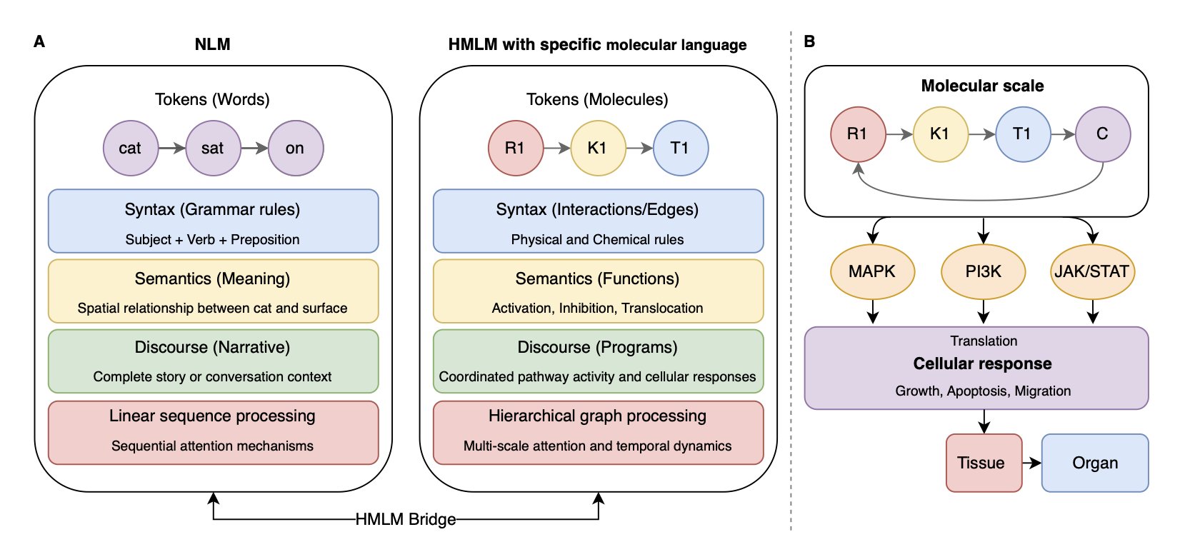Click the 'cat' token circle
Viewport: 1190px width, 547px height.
point(130,148)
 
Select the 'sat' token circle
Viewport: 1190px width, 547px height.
point(213,148)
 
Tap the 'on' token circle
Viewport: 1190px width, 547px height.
point(295,148)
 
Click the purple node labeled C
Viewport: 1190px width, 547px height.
point(1102,134)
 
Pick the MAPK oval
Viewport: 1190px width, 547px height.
point(872,271)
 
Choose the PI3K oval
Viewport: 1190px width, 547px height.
point(984,271)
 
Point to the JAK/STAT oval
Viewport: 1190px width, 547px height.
point(1092,271)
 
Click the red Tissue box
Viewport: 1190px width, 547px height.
point(984,463)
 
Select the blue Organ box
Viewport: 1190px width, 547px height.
point(1094,463)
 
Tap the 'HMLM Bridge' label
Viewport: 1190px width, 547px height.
point(405,519)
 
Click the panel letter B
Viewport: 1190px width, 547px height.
point(809,41)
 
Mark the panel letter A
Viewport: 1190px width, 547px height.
point(39,41)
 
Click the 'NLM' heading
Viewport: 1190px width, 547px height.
point(212,44)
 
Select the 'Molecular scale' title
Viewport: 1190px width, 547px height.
point(982,86)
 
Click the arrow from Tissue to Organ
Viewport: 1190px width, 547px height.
point(1031,463)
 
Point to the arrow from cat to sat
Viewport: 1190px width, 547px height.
point(171,148)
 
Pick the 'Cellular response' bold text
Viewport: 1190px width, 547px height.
point(982,363)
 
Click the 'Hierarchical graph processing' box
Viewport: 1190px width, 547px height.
point(598,432)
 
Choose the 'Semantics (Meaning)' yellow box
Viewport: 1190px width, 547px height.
point(213,291)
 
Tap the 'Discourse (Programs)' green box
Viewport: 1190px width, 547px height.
point(598,361)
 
